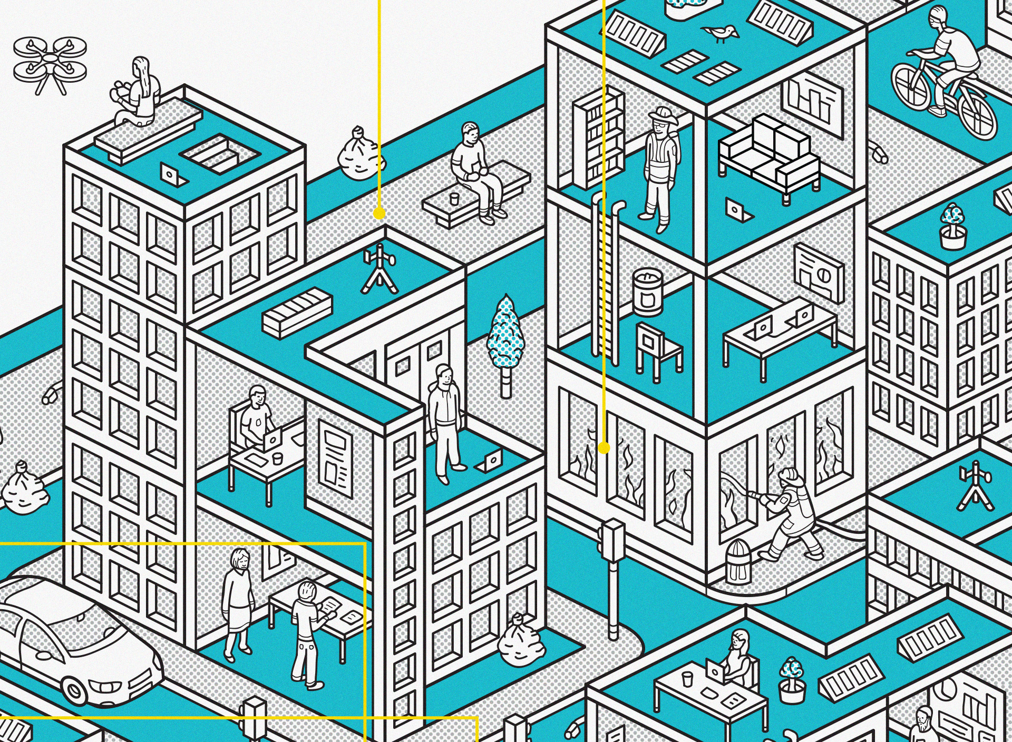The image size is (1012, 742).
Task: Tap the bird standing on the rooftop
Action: pyautogui.click(x=721, y=33)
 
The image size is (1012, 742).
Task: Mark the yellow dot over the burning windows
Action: pyautogui.click(x=604, y=448)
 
